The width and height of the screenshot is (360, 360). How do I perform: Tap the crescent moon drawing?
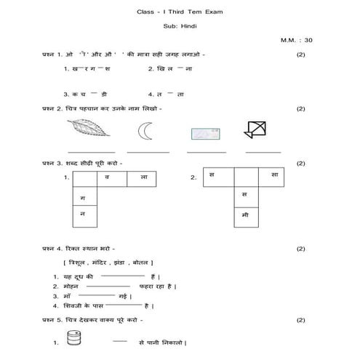pyautogui.click(x=144, y=132)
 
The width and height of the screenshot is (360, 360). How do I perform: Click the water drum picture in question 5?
pyautogui.click(x=72, y=340)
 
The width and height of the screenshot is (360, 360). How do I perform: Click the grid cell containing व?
pyautogui.click(x=108, y=177)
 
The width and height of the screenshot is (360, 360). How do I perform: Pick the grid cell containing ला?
pyautogui.click(x=142, y=177)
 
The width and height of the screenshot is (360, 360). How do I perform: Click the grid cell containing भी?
pyautogui.click(x=244, y=215)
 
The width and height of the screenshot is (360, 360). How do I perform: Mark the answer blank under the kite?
pyautogui.click(x=263, y=151)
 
